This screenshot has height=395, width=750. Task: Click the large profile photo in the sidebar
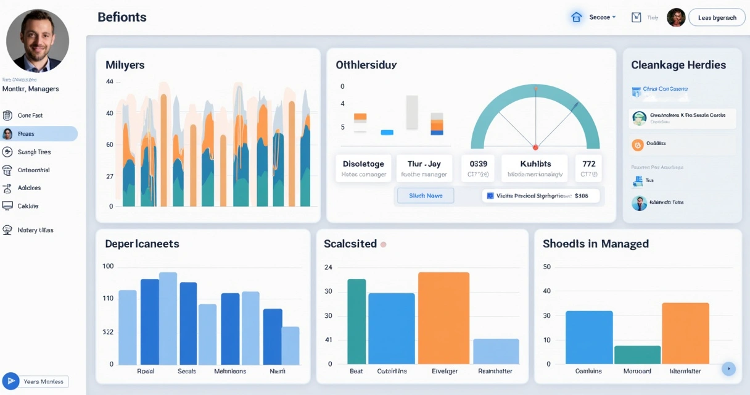click(x=38, y=41)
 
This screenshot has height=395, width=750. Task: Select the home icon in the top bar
click(x=576, y=17)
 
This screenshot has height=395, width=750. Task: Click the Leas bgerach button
click(x=717, y=18)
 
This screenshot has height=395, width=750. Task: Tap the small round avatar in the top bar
click(x=676, y=18)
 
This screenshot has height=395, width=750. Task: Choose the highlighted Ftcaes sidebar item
click(x=39, y=134)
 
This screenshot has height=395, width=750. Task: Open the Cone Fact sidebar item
click(x=30, y=115)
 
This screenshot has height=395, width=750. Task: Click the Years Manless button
click(x=36, y=381)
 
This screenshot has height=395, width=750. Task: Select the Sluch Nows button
click(x=426, y=196)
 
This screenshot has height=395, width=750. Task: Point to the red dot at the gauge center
click(x=535, y=148)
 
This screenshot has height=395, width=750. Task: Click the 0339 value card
click(x=478, y=168)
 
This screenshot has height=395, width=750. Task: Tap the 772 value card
click(x=588, y=168)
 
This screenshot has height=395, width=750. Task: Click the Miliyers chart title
click(x=125, y=65)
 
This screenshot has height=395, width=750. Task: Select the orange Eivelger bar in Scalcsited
click(x=443, y=318)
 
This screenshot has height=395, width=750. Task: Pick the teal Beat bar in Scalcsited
click(x=356, y=321)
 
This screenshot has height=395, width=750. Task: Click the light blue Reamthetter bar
click(x=496, y=351)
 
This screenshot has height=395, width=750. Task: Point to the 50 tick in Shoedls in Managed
click(x=546, y=267)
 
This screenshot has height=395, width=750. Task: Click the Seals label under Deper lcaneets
click(x=187, y=371)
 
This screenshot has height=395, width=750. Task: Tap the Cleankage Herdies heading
click(x=678, y=65)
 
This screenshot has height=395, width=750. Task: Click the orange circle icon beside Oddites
click(x=638, y=144)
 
